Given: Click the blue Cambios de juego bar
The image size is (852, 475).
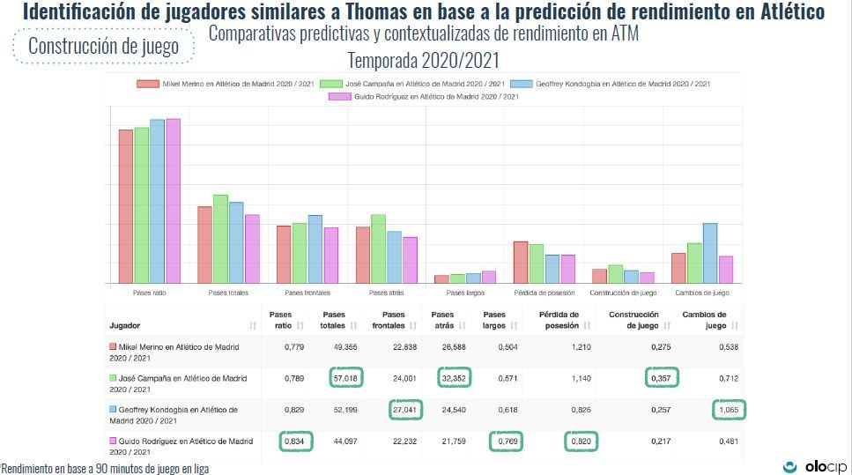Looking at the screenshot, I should tap(709, 253).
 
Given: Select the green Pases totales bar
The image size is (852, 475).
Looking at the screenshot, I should tap(220, 239).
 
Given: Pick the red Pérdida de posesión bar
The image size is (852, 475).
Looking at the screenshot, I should tap(521, 262).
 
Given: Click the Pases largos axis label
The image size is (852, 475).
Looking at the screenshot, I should tap(466, 293).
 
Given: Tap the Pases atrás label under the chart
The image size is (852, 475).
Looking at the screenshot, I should tap(387, 293).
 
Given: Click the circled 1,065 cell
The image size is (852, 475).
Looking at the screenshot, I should tap(728, 410).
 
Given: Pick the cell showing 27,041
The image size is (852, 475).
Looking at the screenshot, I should tap(406, 410).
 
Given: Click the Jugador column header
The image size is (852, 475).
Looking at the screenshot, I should tap(125, 325).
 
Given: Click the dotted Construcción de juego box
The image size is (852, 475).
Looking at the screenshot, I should tap(103, 47).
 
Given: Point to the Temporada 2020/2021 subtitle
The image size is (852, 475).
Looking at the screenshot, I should tap(424, 61).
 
